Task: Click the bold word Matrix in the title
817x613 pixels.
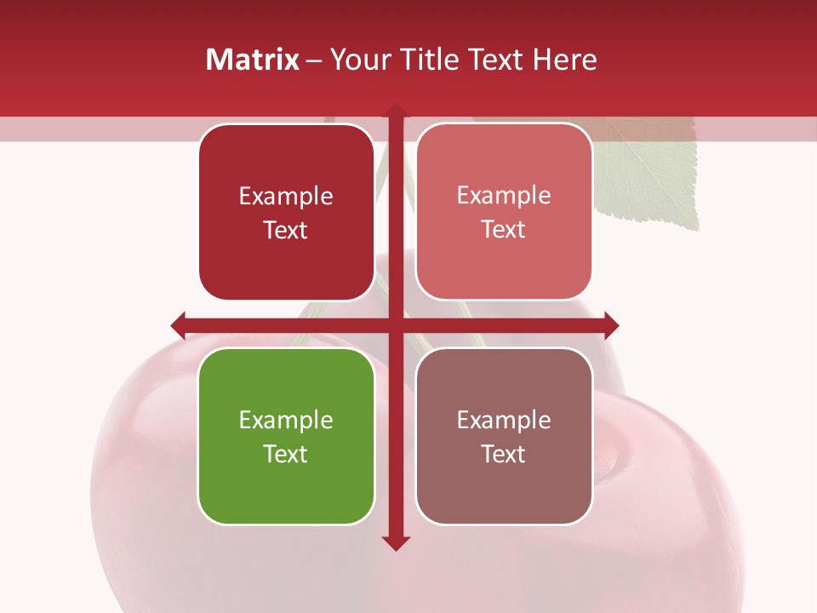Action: pos(253,60)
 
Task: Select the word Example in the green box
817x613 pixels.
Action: pos(286,420)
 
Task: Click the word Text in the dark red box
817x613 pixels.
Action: pos(286,230)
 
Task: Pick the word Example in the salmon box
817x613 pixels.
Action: pos(504,195)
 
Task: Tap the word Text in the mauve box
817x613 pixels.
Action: pos(504,454)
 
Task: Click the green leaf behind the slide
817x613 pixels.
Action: pos(651,175)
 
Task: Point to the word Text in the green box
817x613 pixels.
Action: pos(286,454)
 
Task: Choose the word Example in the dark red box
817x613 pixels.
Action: pos(286,196)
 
